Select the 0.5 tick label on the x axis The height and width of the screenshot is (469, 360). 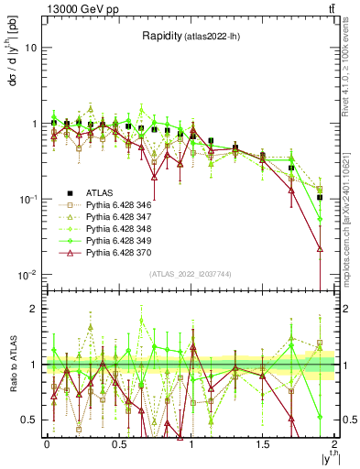[x=118, y=443]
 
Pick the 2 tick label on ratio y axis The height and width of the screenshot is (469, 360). [x=34, y=309]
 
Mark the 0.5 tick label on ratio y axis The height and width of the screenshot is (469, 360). [x=30, y=420]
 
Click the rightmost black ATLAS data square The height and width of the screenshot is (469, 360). [x=320, y=197]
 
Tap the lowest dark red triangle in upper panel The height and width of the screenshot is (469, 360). [x=320, y=248]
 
